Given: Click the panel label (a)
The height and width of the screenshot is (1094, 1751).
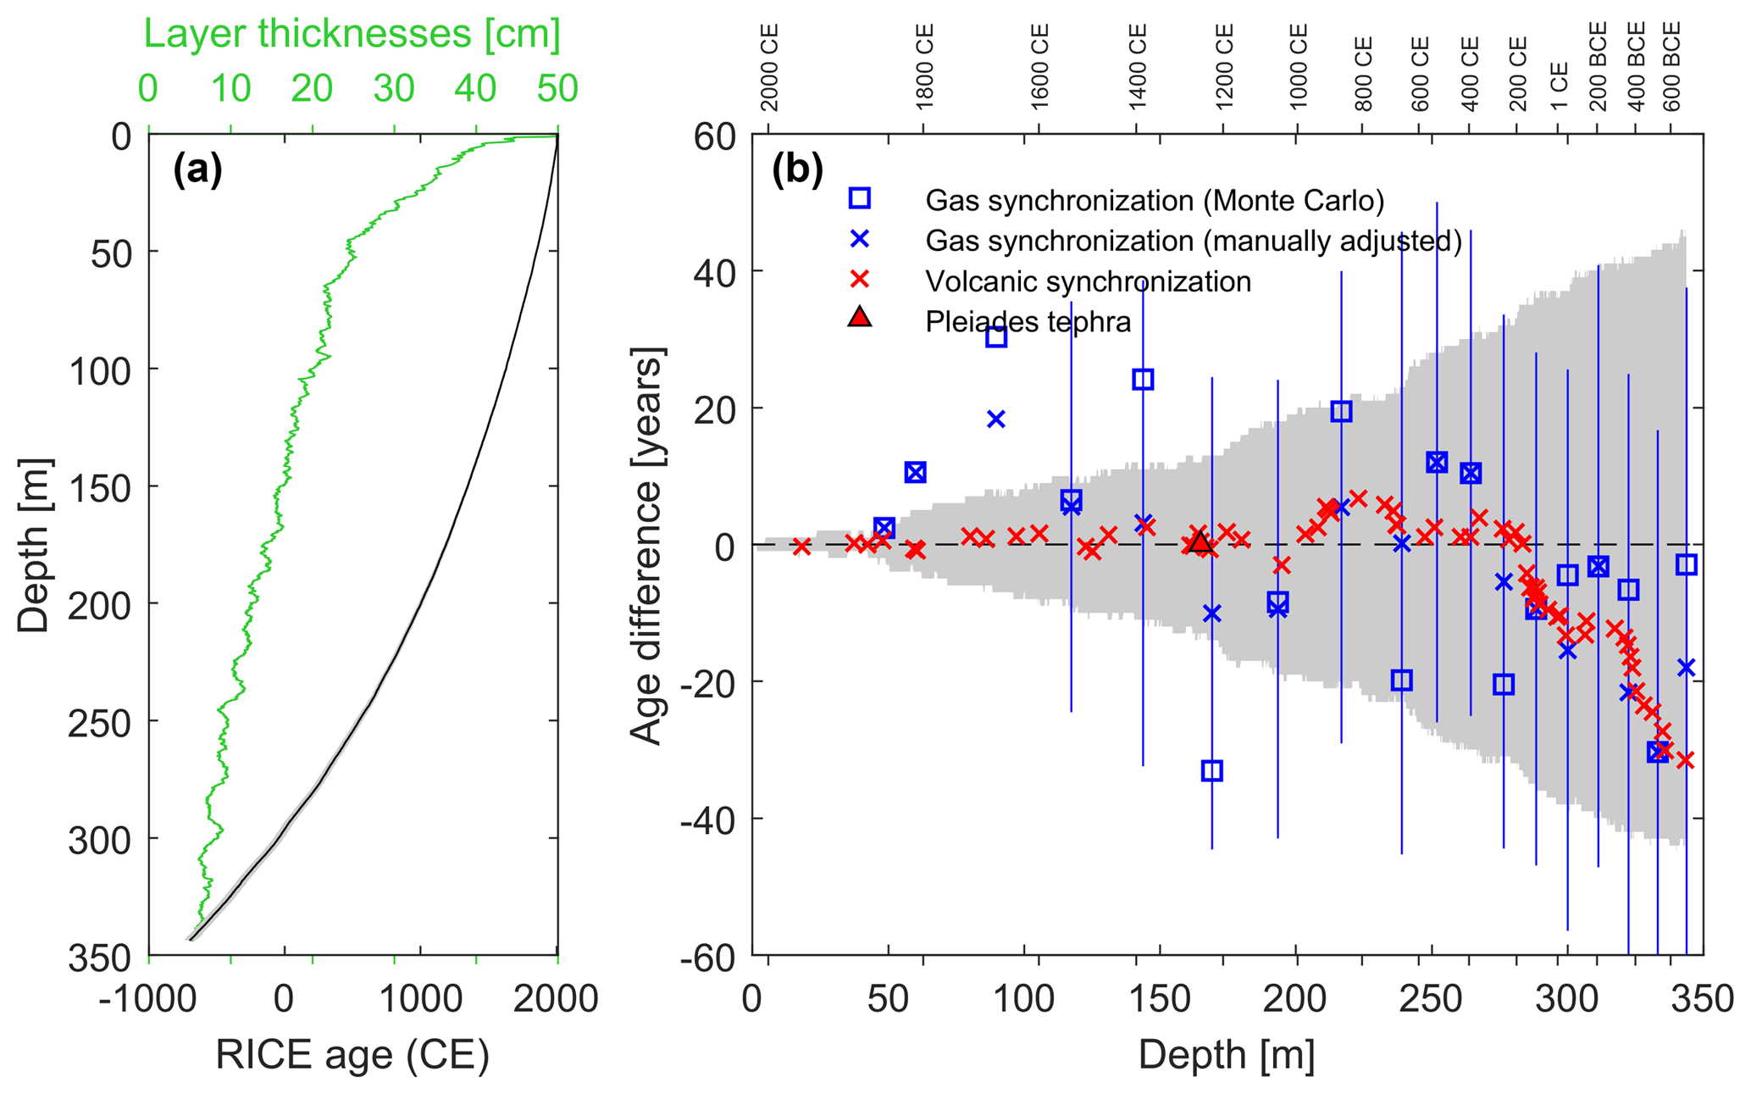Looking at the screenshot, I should coord(197,171).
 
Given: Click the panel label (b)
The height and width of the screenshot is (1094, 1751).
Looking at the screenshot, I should coord(797,171).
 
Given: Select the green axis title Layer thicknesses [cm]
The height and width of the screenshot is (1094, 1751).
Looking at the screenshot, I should coord(352,35).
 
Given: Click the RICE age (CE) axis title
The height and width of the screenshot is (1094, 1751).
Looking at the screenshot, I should coord(352,1055).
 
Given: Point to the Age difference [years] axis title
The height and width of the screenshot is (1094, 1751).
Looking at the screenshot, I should coord(647,546).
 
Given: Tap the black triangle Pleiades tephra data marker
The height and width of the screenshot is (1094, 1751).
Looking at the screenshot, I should coord(1200,542).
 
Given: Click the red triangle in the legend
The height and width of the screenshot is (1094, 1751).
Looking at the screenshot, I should coord(859,318).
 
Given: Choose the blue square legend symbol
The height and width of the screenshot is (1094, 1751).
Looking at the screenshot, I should coord(859,198).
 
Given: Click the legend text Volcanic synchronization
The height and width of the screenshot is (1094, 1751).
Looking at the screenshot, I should coord(1088,281).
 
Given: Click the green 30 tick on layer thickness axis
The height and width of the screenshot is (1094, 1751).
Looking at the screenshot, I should coord(394,89).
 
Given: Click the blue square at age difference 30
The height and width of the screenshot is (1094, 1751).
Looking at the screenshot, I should coord(996,336).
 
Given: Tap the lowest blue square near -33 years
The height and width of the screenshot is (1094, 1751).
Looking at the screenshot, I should coord(1211,770).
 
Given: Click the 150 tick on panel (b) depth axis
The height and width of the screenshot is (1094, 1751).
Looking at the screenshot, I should coord(1158,998).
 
